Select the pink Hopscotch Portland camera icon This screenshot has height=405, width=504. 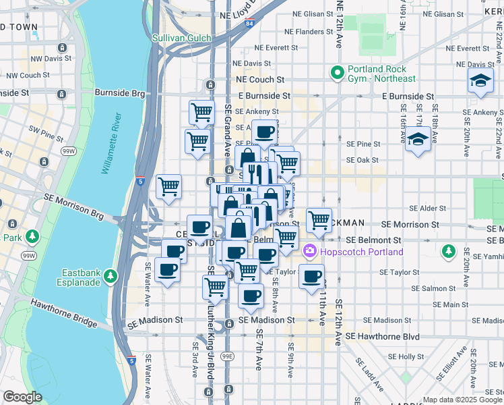(311, 252)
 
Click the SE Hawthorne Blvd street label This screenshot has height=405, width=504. (382, 336)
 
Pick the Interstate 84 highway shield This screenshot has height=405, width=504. (250, 24)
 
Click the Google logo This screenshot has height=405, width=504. (22, 397)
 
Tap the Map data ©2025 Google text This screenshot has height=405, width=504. (462, 400)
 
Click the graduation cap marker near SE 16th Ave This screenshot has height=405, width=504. (418, 138)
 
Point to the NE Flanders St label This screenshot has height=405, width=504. (309, 31)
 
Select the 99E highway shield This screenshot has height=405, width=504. (228, 356)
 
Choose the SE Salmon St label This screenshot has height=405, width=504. (408, 288)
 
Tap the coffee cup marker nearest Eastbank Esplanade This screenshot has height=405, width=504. (167, 269)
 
